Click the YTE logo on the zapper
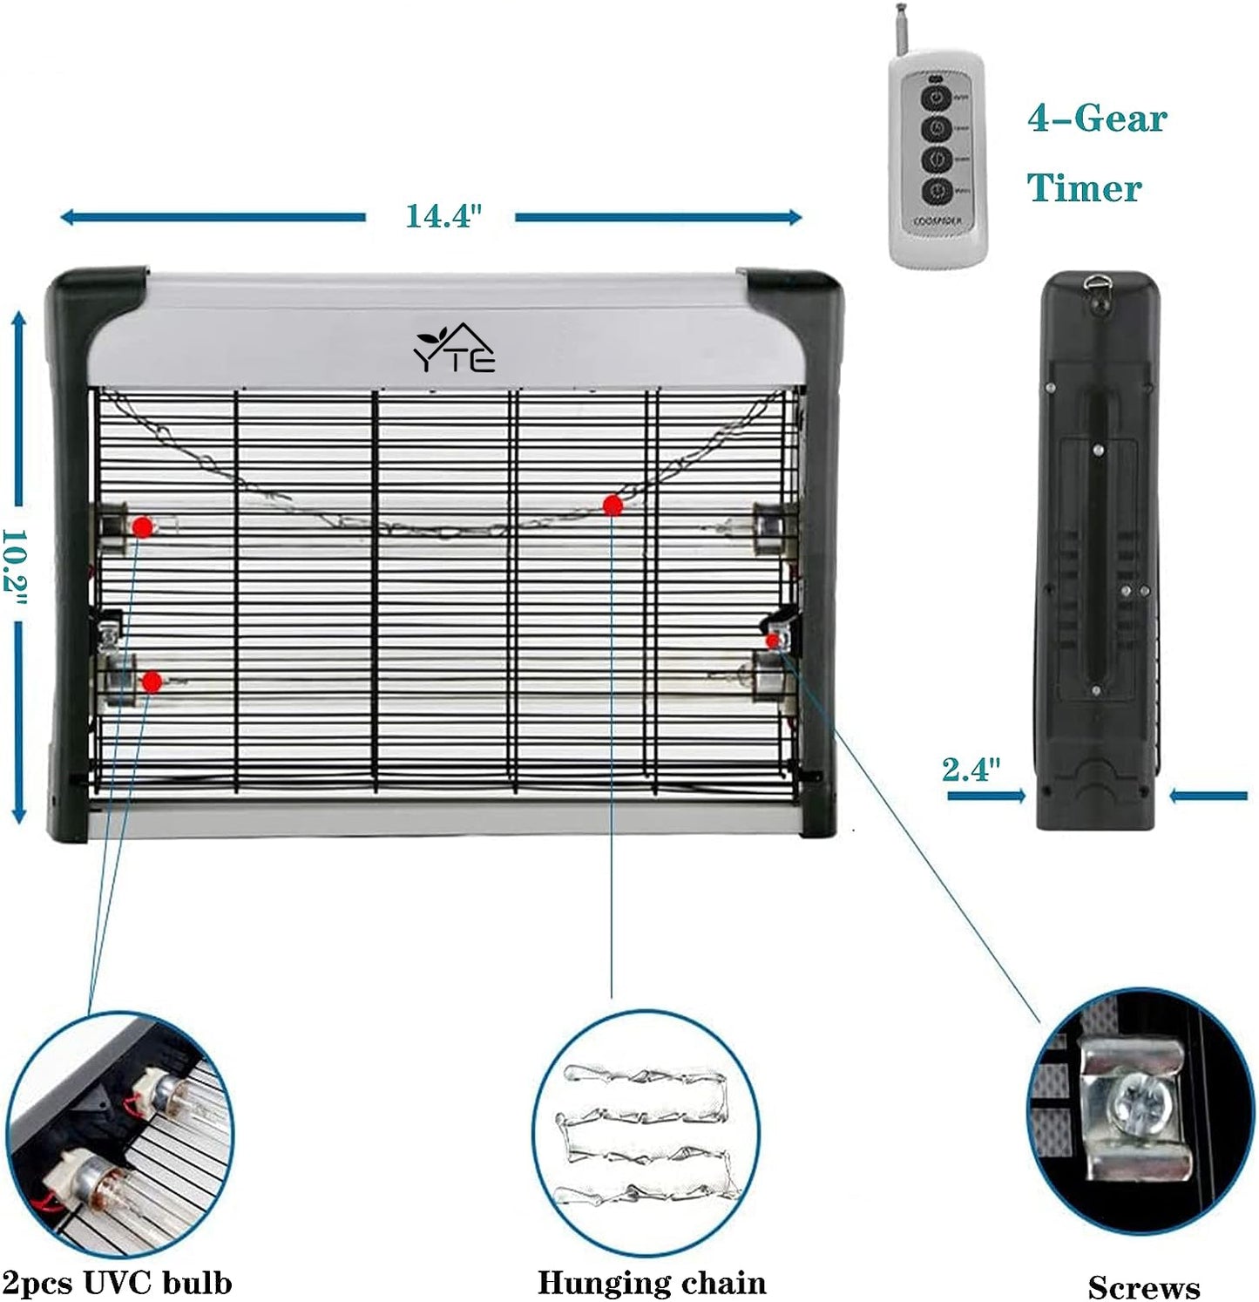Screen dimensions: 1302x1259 pos(454,349)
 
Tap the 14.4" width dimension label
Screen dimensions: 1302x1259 pos(443,216)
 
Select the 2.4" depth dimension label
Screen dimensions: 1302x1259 pos(971,770)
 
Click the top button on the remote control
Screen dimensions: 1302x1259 pos(936,98)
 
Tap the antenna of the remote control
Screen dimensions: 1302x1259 pos(900,27)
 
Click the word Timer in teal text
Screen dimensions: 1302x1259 pos(1084,188)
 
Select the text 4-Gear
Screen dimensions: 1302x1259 pos(1097,119)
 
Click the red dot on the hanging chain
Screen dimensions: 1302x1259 pos(613,505)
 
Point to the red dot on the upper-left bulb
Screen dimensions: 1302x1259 pos(143,526)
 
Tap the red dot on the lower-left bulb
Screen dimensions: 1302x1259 pos(152,682)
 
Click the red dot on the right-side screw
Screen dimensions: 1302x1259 pos(772,641)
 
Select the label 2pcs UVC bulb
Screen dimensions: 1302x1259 pos(117,1283)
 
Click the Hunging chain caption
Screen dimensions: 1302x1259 pos(652,1283)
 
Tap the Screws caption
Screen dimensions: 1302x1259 pos(1143,1287)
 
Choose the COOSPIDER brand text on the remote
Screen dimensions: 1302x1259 pos(937,221)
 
